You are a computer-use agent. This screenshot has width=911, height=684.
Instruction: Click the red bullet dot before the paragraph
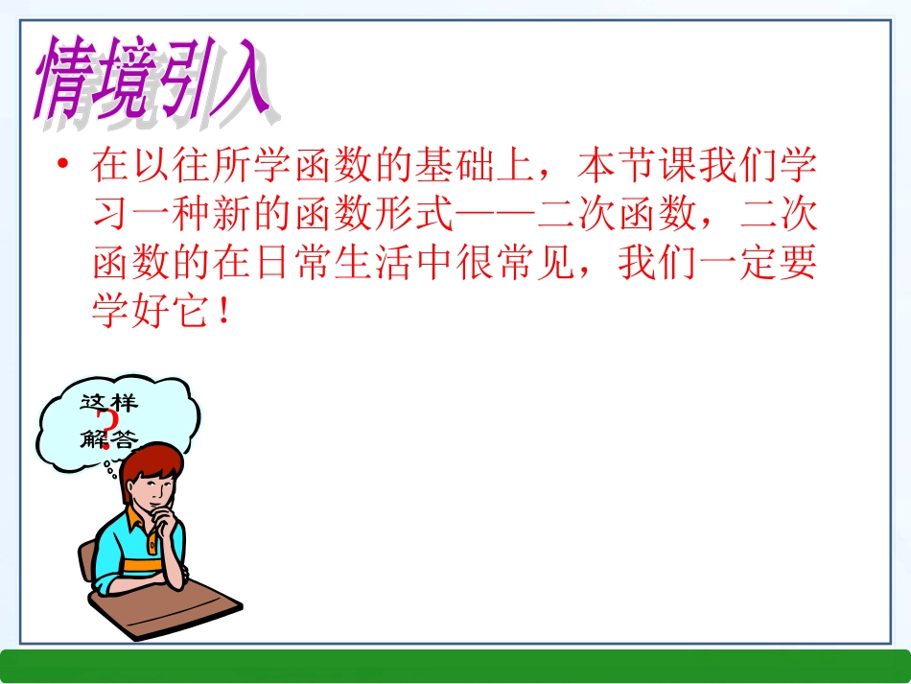point(63,166)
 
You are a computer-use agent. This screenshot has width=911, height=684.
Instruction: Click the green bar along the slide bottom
point(455,665)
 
